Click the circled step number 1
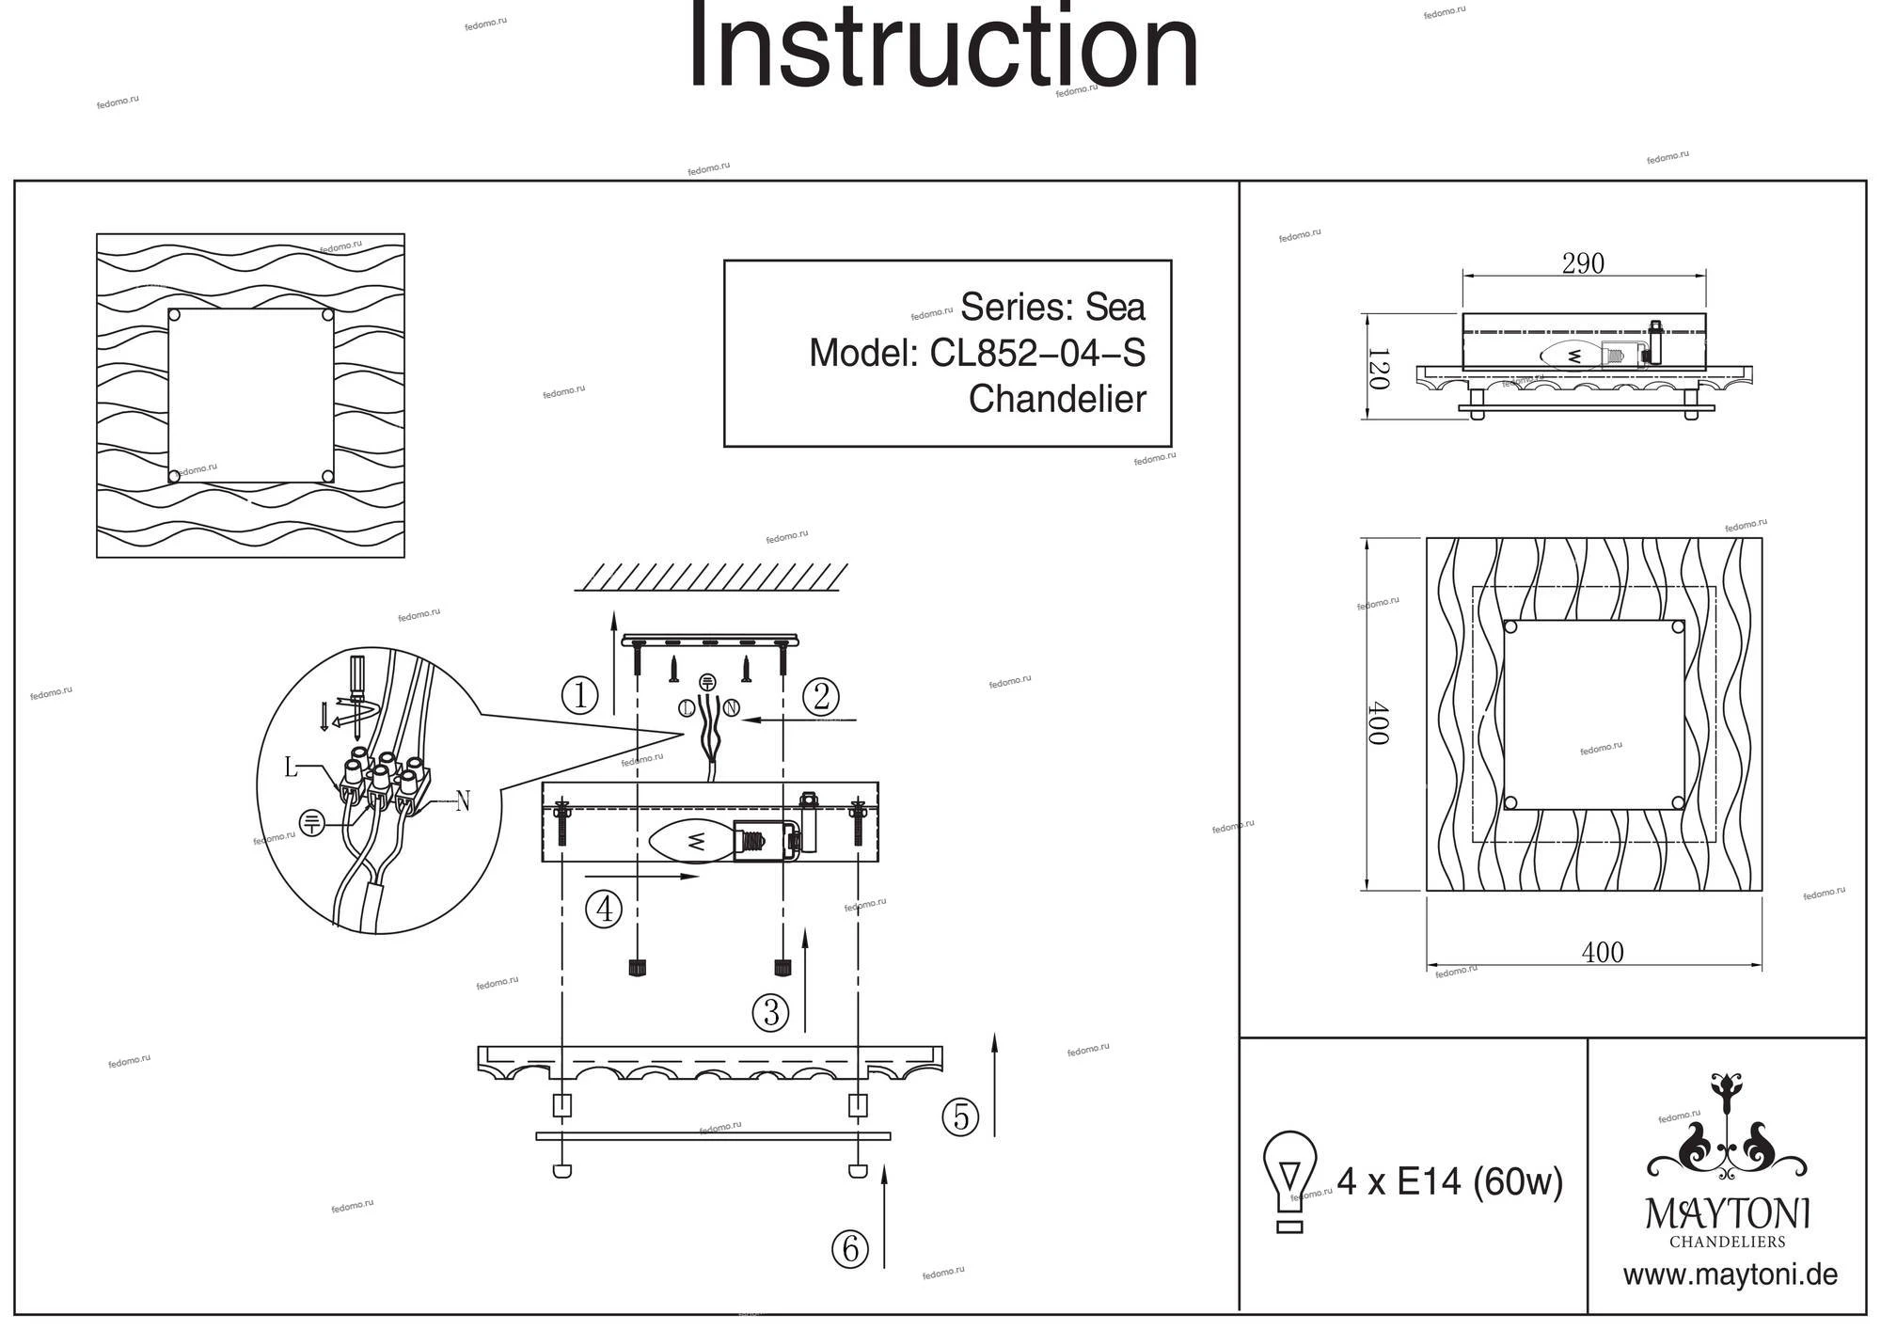click(580, 696)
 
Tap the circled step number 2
click(820, 697)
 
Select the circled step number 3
click(771, 1012)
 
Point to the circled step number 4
click(604, 910)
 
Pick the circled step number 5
click(960, 1116)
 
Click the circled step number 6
click(850, 1249)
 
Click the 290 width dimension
click(1583, 264)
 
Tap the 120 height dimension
click(1378, 369)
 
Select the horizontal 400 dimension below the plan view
click(1603, 953)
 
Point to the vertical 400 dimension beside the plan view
click(1378, 722)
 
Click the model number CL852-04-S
click(1037, 354)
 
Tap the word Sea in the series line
click(1115, 308)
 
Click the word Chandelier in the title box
click(1057, 399)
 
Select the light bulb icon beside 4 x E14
click(1290, 1180)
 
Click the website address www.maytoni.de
click(1730, 1275)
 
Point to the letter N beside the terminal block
click(462, 802)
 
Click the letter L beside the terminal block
click(292, 768)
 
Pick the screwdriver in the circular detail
click(356, 682)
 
